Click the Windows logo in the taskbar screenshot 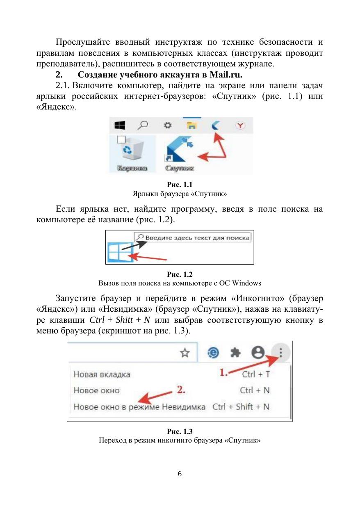click(120, 125)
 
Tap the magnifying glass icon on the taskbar click(143, 125)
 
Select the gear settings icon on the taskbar click(167, 125)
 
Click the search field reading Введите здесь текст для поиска click(193, 237)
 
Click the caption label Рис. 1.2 click(180, 274)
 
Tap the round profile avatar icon click(258, 352)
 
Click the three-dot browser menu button click(281, 352)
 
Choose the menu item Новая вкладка click(102, 374)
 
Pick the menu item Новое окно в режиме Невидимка click(139, 407)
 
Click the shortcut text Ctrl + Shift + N click(241, 407)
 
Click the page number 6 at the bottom click(180, 474)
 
